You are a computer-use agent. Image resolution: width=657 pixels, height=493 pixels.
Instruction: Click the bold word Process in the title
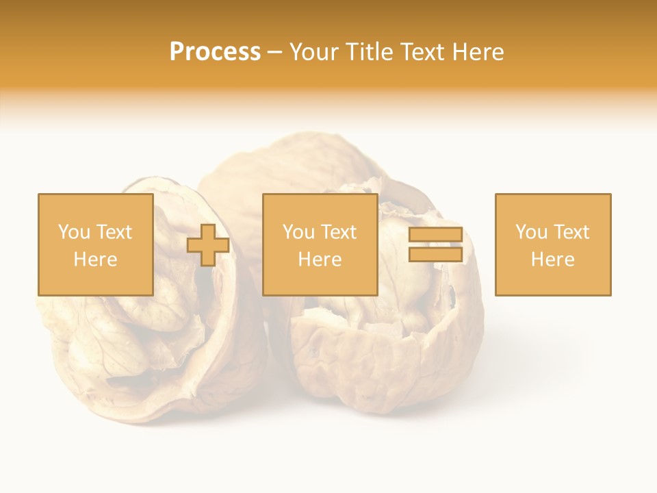pos(215,52)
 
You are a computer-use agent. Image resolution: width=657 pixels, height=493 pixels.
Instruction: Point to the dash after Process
pos(275,53)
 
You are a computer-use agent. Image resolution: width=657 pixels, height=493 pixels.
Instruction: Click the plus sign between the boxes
pos(208,245)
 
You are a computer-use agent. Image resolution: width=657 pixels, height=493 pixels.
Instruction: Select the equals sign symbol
pos(435,244)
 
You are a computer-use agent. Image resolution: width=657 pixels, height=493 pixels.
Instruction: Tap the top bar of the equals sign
pos(435,235)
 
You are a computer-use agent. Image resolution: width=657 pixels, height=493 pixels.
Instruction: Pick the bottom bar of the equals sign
pos(435,254)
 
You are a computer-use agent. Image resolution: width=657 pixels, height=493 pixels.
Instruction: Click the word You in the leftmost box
pos(73,232)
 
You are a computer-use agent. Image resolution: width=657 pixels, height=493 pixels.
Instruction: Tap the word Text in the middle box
pos(339,232)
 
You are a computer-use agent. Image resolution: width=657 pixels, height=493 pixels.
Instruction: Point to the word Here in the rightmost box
pos(552,260)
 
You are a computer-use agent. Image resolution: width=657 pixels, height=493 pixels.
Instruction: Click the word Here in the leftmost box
pos(95,260)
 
